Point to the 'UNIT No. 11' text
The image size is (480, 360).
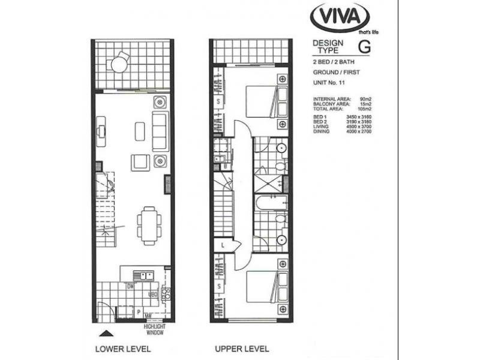click(x=330, y=82)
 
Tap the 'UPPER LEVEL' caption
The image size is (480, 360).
click(x=242, y=349)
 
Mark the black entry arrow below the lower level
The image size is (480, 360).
click(x=106, y=332)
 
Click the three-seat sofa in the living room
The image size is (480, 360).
click(x=160, y=130)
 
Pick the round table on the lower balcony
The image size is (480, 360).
click(x=119, y=64)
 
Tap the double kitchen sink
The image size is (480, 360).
click(x=144, y=275)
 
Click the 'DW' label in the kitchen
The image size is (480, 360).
click(x=130, y=286)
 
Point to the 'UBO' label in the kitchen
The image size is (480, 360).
click(x=152, y=295)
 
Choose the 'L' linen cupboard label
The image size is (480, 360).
click(x=221, y=245)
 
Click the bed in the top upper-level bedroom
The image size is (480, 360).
click(x=260, y=102)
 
